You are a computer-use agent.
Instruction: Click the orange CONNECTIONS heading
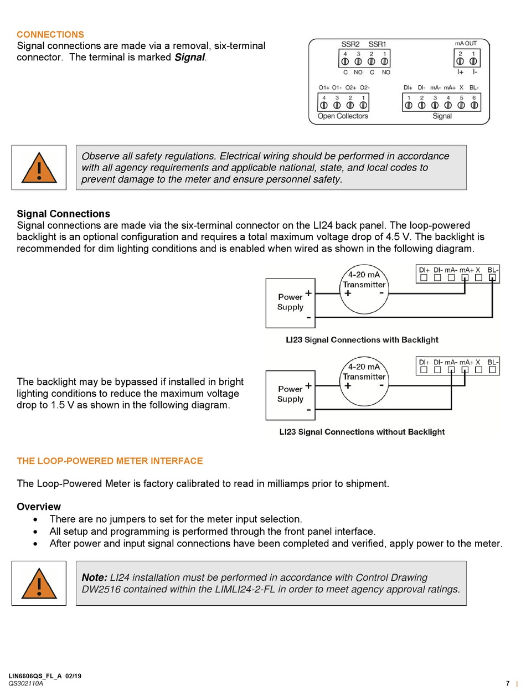coord(50,34)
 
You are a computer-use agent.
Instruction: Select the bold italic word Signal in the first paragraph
coord(189,57)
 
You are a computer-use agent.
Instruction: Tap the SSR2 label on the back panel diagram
coord(350,44)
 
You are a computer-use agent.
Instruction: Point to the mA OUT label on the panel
coord(465,43)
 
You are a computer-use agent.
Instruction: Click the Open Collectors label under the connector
coord(343,116)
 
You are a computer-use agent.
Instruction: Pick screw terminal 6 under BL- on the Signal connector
coord(474,105)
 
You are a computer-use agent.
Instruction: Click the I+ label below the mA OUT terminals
coord(460,72)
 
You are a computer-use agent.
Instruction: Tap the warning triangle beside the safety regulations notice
coord(39,168)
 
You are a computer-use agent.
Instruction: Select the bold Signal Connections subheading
coord(63,214)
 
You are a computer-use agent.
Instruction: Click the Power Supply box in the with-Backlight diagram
coord(291,302)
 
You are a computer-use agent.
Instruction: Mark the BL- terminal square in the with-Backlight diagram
coord(492,278)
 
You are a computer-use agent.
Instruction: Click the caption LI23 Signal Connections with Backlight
coord(362,340)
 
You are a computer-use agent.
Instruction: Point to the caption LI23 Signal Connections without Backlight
coord(362,432)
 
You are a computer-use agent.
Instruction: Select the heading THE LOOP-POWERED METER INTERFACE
coord(110,461)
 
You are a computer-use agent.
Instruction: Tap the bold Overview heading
coord(39,507)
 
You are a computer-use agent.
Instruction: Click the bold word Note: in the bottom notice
coord(94,577)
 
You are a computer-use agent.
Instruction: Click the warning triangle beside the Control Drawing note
coord(39,584)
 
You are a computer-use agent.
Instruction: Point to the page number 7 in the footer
coord(508,683)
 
